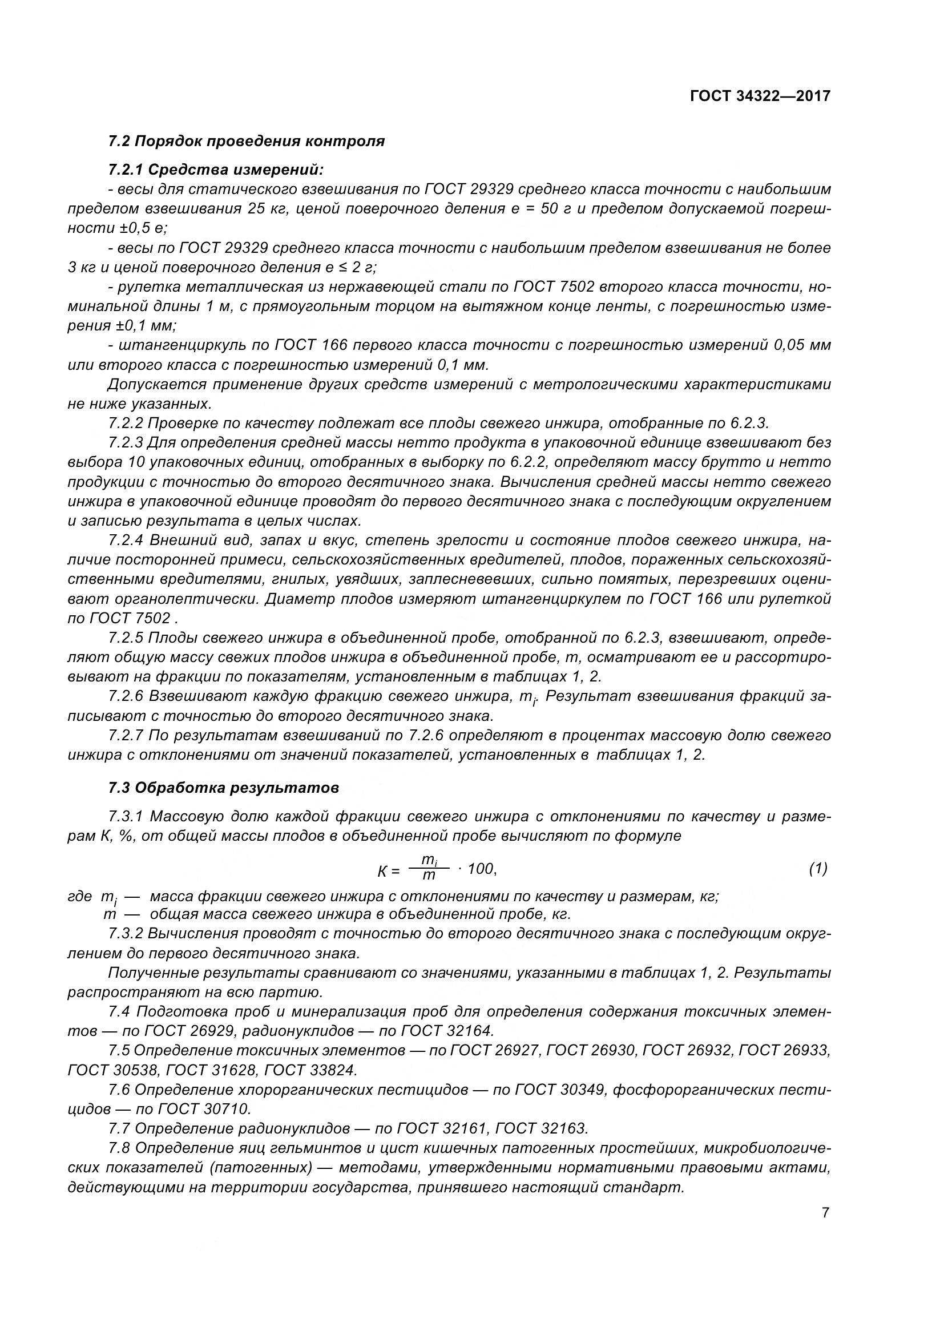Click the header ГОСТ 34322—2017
tap(760, 96)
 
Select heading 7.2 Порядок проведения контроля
tap(247, 142)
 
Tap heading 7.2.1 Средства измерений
tap(216, 170)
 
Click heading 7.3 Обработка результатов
tap(223, 788)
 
